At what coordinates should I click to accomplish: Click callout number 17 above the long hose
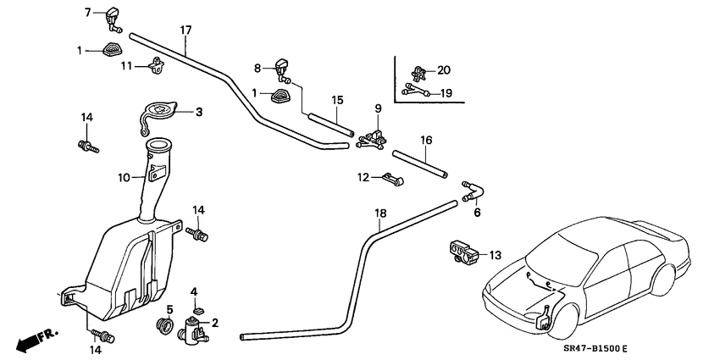(x=186, y=30)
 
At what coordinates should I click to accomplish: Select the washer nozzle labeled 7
(x=113, y=16)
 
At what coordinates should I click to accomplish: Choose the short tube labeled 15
(x=330, y=122)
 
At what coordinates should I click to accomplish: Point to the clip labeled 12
(x=391, y=179)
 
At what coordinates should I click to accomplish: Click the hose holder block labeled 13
(x=461, y=251)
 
